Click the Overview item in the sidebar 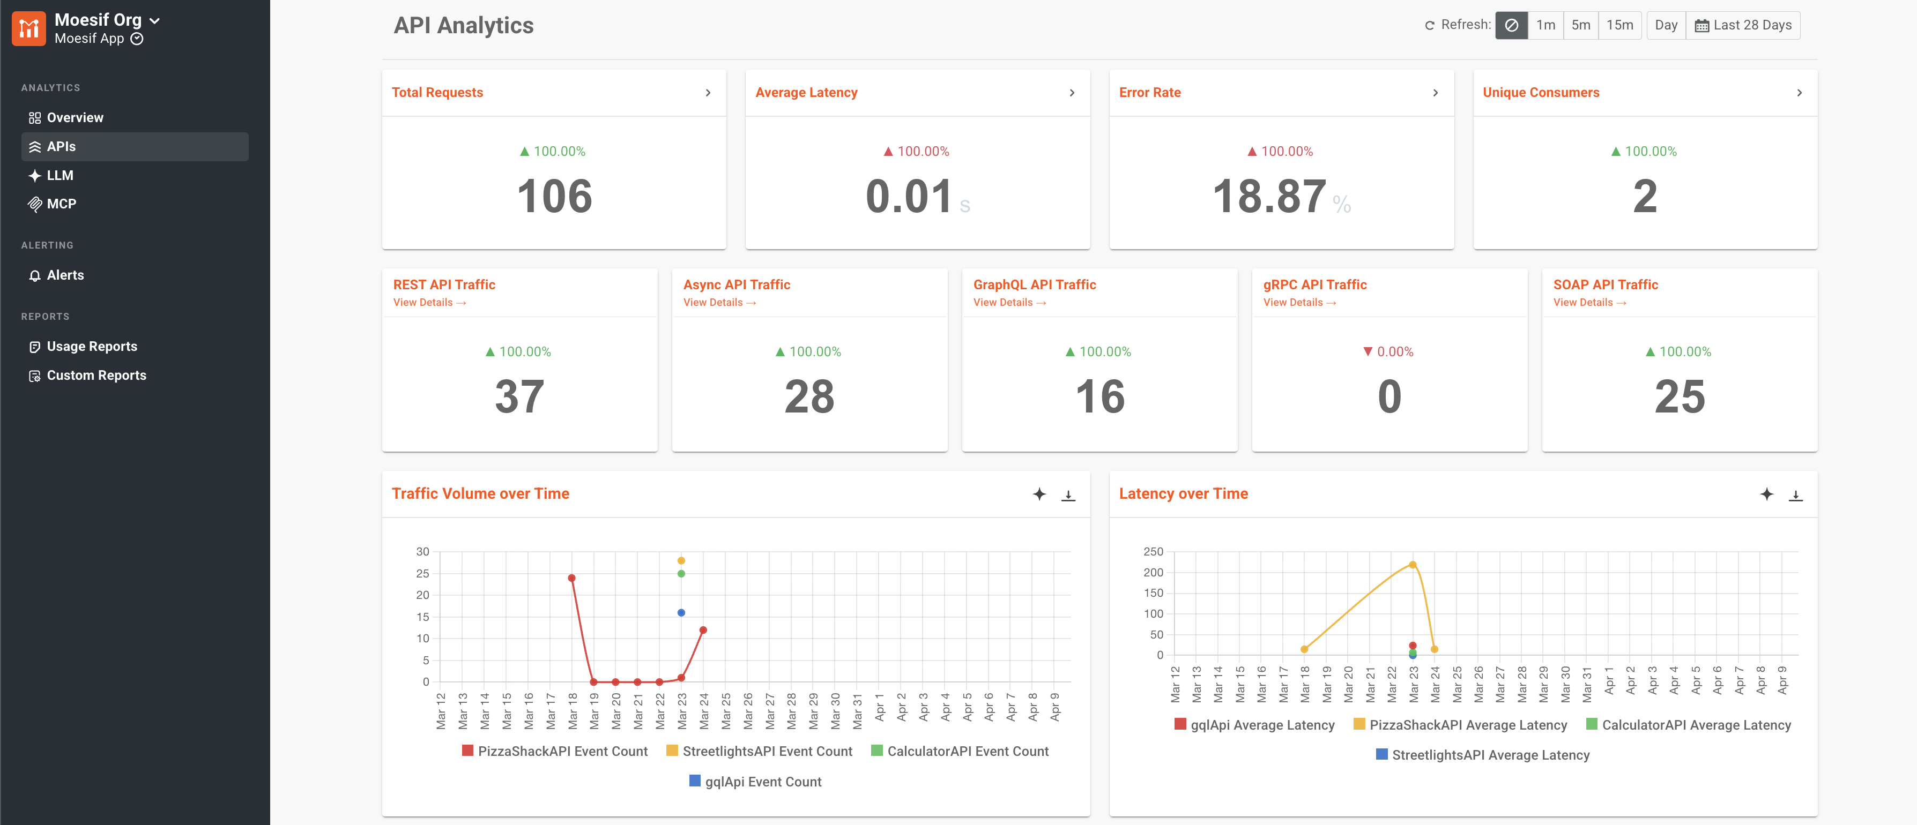point(75,117)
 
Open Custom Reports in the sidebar point(96,376)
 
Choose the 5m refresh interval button point(1581,25)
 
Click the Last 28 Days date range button point(1743,25)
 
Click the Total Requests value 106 point(554,197)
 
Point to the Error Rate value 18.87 point(1269,197)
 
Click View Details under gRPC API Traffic point(1299,303)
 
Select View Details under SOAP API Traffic point(1589,303)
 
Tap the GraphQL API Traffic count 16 point(1100,396)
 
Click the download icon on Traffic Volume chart point(1068,494)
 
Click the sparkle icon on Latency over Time point(1767,494)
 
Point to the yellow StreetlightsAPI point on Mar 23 point(681,561)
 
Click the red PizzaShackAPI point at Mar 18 point(571,578)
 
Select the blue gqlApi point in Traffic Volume point(681,613)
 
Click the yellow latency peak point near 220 point(1413,565)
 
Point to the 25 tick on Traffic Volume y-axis point(422,574)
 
